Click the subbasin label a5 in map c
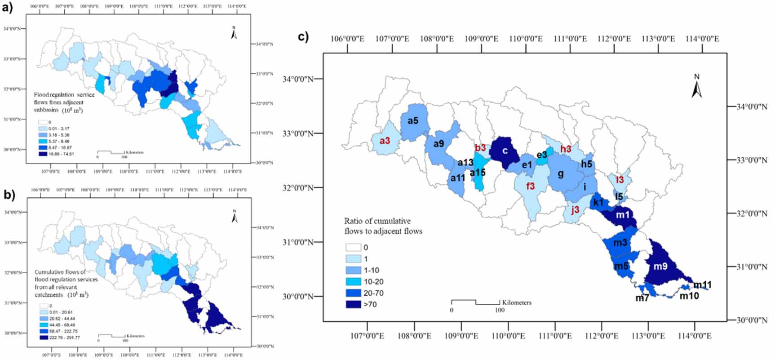pyautogui.click(x=412, y=120)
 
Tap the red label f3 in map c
pyautogui.click(x=531, y=186)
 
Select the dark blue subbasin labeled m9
pyautogui.click(x=660, y=266)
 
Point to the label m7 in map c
pyautogui.click(x=642, y=298)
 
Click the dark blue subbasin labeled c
pyautogui.click(x=505, y=151)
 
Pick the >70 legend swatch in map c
pyautogui.click(x=353, y=304)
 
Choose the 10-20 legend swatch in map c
pyautogui.click(x=353, y=282)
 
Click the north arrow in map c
pyautogui.click(x=696, y=87)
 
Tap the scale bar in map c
pyautogui.click(x=475, y=302)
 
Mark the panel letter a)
pyautogui.click(x=8, y=8)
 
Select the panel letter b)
pyautogui.click(x=9, y=195)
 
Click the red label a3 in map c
pyautogui.click(x=385, y=141)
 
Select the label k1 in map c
pyautogui.click(x=598, y=202)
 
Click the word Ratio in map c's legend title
pyautogui.click(x=354, y=221)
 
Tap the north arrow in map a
pyautogui.click(x=234, y=33)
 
